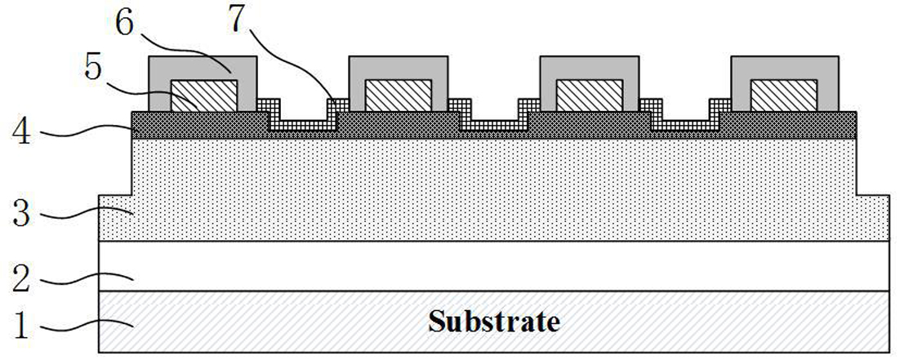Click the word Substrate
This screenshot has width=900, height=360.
(x=493, y=321)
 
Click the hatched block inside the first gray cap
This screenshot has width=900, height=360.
(x=203, y=96)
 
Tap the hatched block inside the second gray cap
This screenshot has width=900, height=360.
(x=399, y=96)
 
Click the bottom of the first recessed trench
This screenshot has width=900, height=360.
(x=303, y=124)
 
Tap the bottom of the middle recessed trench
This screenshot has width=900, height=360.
(x=494, y=124)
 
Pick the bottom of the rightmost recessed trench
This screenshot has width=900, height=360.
(x=685, y=124)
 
